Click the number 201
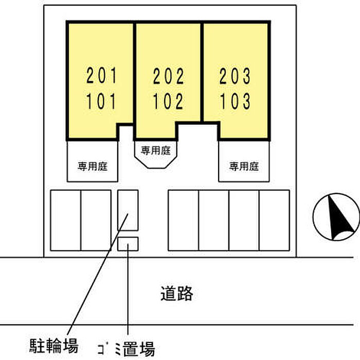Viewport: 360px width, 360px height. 101,77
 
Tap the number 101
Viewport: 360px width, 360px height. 101,102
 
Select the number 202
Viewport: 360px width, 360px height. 168,77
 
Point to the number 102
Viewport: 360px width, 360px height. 168,102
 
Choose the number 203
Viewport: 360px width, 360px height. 235,77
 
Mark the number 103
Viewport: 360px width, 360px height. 235,102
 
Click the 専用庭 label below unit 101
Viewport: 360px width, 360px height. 93,166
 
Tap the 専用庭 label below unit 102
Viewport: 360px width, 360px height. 155,151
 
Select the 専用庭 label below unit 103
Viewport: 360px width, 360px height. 244,166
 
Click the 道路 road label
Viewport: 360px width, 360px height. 176,294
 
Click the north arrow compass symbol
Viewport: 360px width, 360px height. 336,217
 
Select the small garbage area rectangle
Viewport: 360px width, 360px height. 128,244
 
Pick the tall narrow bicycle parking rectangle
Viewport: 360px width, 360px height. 128,210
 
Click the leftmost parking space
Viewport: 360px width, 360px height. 65,220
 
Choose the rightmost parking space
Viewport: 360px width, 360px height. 274,220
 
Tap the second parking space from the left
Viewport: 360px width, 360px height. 96,220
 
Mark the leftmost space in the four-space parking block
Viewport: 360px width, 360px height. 184,220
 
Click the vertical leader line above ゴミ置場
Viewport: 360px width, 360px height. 127,298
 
